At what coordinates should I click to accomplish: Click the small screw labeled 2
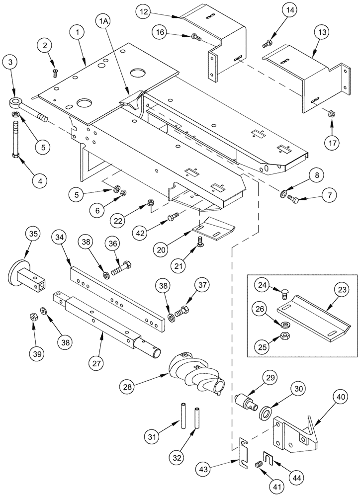(54, 73)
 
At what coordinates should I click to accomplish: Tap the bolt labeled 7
(292, 200)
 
